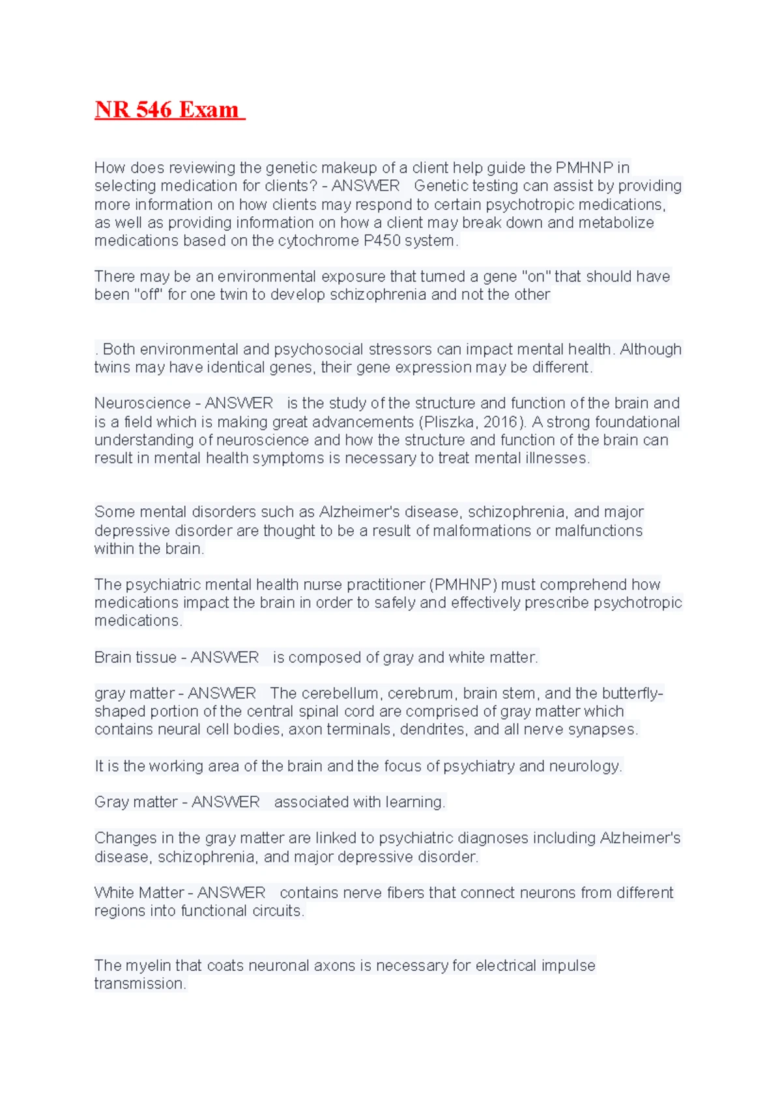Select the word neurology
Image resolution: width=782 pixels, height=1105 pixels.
tap(585, 766)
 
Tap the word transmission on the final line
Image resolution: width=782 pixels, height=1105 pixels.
tap(139, 983)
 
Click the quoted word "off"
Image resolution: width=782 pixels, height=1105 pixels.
tap(148, 294)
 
